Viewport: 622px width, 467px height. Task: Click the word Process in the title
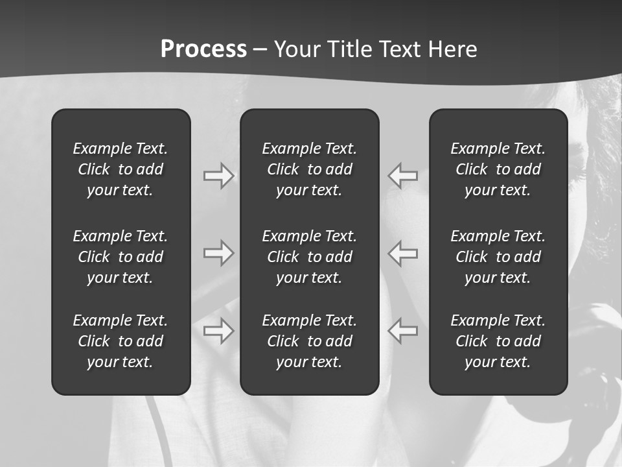click(x=203, y=49)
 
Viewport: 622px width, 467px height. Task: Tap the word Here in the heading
click(x=452, y=49)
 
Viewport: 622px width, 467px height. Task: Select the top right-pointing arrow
click(x=218, y=176)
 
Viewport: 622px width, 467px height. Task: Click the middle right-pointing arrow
click(x=218, y=252)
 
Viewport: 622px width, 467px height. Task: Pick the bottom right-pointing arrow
click(x=218, y=330)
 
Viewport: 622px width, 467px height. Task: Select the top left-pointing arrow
click(x=403, y=176)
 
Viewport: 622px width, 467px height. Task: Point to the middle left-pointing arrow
click(x=403, y=252)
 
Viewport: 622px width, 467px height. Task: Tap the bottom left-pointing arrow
click(x=403, y=330)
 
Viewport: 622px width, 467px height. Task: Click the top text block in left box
click(x=121, y=169)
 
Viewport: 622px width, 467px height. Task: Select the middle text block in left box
click(x=121, y=257)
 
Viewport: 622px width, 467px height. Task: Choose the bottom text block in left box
click(x=121, y=341)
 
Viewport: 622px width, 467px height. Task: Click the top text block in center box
click(x=309, y=169)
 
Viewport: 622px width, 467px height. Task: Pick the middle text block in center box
click(x=309, y=257)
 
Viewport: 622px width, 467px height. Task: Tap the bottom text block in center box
click(x=309, y=341)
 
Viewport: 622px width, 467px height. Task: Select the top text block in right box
click(x=498, y=169)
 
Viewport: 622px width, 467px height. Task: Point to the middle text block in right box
click(x=498, y=257)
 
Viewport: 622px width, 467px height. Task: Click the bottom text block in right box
click(x=498, y=341)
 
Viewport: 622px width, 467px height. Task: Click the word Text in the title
click(x=400, y=49)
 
